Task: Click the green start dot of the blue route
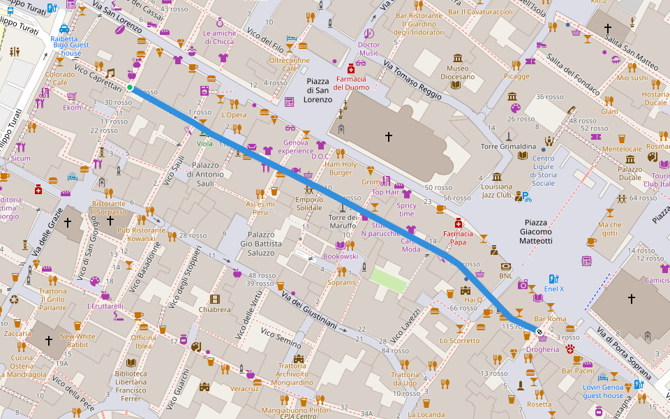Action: coord(130,87)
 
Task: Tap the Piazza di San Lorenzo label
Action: coord(318,91)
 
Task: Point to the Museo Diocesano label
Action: coord(457,73)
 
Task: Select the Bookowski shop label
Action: coord(340,256)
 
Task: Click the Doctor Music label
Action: coord(368,49)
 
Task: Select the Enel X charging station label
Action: coord(553,288)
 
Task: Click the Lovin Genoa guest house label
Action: coord(603,391)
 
